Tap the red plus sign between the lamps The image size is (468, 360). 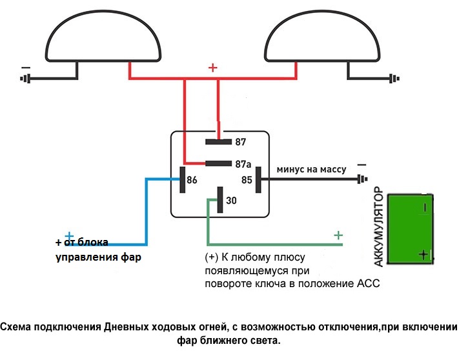(x=213, y=67)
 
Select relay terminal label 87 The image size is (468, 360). (x=241, y=141)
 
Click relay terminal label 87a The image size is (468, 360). (x=243, y=164)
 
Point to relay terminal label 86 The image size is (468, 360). (x=192, y=181)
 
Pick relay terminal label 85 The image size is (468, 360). (x=246, y=181)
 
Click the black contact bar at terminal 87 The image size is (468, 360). (x=218, y=141)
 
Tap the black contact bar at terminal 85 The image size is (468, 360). (x=258, y=179)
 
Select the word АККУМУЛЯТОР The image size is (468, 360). (x=380, y=228)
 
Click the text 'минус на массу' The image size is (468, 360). (x=311, y=170)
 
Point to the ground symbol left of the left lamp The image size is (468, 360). (x=26, y=79)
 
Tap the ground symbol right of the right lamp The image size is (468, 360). (x=392, y=79)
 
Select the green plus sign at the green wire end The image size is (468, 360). (x=338, y=235)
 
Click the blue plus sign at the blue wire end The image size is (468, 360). (x=69, y=236)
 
